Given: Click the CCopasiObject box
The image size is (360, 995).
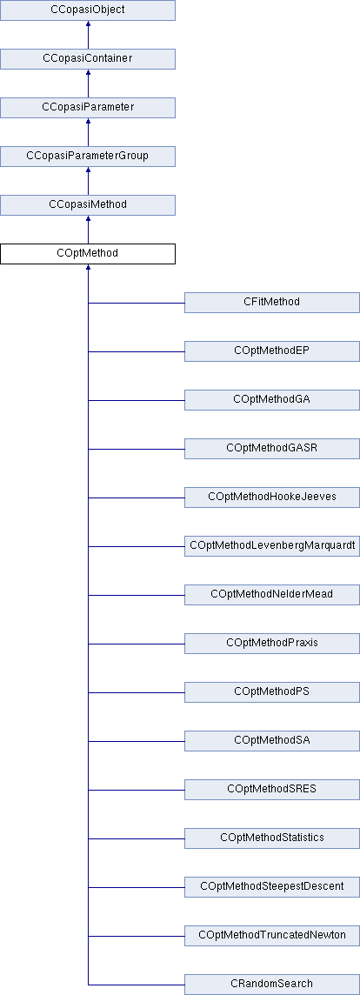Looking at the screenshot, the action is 88,10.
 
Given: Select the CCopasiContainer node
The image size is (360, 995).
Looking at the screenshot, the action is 88,59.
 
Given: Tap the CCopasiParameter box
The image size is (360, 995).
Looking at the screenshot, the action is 88,107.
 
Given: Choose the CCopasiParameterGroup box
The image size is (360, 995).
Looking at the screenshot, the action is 88,156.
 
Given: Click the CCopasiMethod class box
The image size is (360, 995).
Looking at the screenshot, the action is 88,205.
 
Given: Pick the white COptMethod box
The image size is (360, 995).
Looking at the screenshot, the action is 88,254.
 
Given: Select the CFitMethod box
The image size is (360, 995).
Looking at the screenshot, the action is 272,303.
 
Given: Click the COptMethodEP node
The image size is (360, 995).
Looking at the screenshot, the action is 272,351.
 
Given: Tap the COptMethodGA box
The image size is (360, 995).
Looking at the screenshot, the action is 272,400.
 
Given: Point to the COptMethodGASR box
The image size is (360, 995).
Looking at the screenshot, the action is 272,449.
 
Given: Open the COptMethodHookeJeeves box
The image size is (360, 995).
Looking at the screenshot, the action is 272,497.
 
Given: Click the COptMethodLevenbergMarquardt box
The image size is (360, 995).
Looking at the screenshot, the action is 272,546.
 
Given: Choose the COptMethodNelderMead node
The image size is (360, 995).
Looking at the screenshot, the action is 272,595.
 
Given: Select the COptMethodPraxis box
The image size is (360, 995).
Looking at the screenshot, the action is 272,644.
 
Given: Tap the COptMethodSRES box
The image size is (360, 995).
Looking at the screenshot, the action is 272,790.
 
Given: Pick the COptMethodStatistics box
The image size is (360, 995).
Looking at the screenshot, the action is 272,838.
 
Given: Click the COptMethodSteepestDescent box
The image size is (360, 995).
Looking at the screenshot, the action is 272,887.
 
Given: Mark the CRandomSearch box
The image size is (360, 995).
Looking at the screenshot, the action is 272,985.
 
